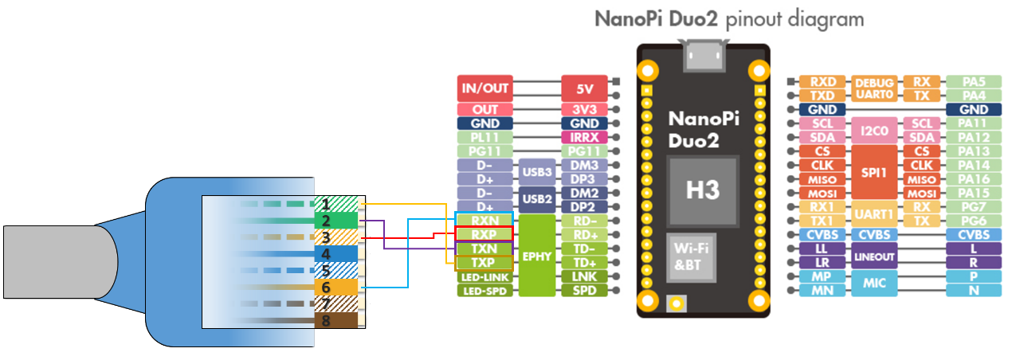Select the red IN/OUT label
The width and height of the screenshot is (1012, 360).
click(x=484, y=88)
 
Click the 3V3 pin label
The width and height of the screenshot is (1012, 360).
click(x=584, y=109)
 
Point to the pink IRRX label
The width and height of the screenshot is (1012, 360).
click(x=584, y=138)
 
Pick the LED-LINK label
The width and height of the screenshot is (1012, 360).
click(x=484, y=276)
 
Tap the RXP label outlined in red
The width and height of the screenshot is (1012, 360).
click(x=484, y=234)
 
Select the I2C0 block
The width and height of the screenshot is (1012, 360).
click(x=875, y=131)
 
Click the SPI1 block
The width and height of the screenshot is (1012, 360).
click(x=875, y=172)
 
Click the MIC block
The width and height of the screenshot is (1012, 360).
click(x=875, y=284)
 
